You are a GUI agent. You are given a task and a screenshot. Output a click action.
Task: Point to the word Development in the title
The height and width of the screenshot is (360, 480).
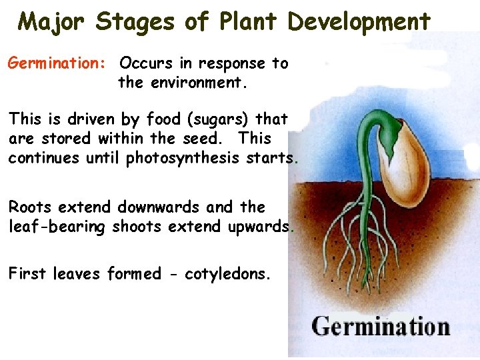point(359,21)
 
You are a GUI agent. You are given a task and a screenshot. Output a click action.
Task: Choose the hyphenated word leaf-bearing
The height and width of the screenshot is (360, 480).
point(57,227)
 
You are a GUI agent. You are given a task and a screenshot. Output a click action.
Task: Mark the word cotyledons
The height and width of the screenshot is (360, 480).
point(228,274)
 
